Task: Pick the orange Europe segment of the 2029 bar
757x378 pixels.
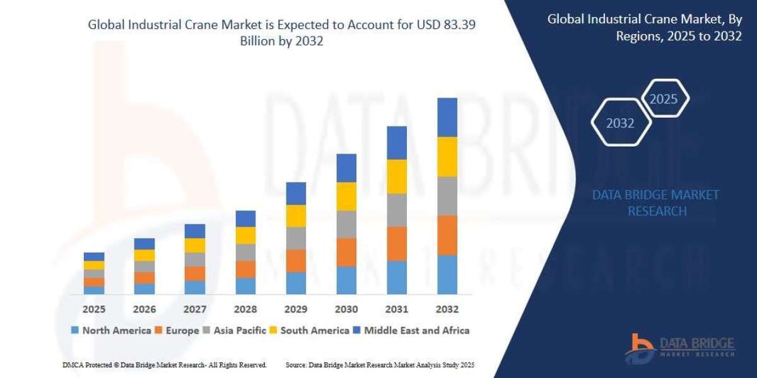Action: point(296,261)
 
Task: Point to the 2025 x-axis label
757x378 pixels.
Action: point(93,309)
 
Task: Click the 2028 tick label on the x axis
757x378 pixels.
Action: point(245,309)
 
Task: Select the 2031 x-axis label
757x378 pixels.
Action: point(397,309)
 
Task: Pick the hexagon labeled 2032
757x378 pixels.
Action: point(620,123)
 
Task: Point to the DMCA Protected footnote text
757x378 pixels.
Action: point(164,365)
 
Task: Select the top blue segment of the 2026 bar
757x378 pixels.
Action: point(144,244)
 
